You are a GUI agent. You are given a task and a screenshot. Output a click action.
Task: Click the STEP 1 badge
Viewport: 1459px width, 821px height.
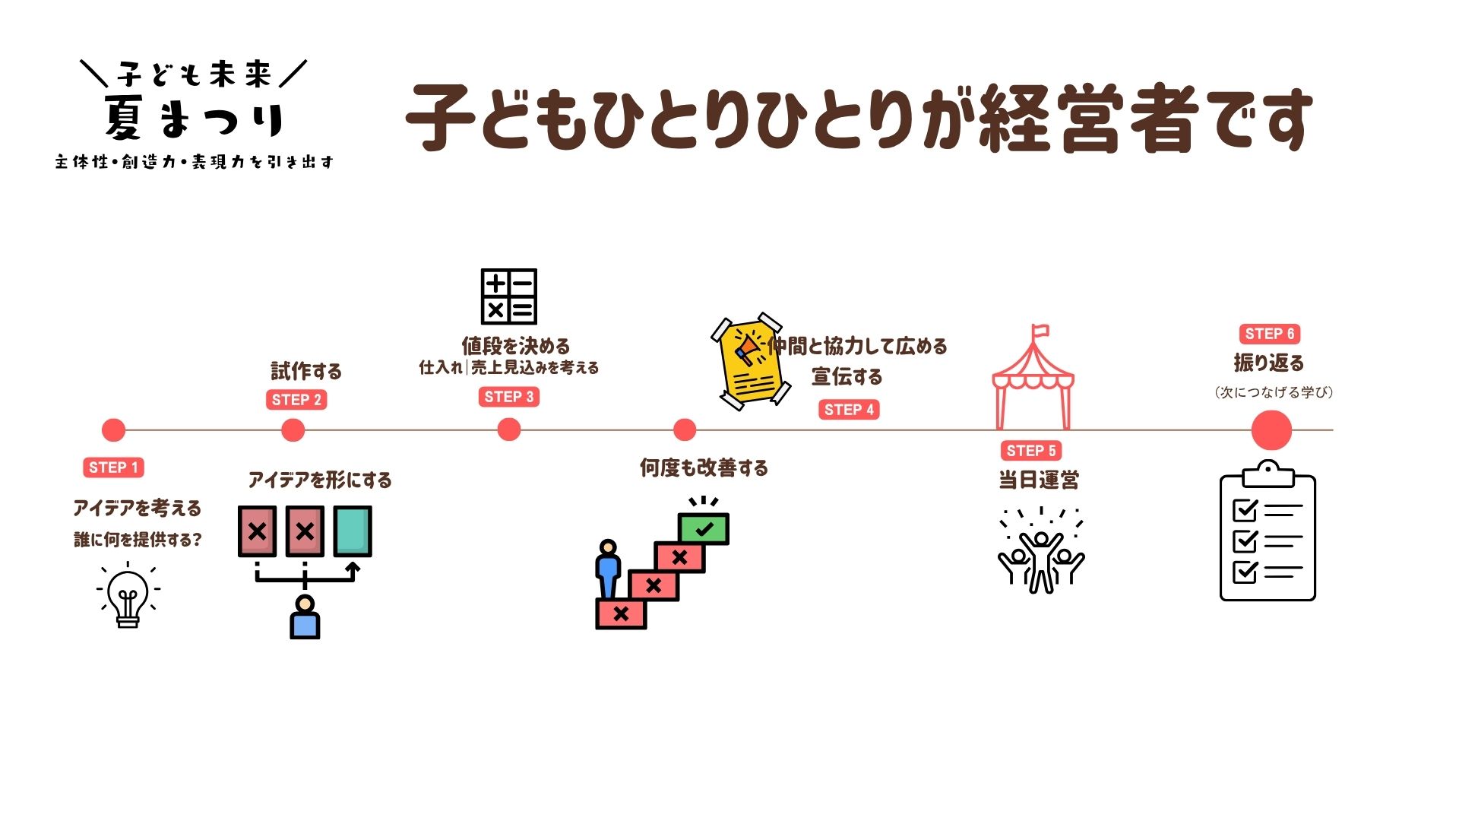(113, 468)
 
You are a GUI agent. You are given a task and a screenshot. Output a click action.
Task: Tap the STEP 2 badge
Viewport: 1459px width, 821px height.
(296, 400)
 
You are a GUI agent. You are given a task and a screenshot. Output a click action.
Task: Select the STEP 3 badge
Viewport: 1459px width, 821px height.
(509, 397)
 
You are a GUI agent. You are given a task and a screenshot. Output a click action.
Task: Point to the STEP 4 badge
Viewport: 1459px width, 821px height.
(849, 410)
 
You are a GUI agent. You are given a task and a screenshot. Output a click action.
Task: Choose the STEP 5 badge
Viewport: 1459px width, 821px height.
(1031, 451)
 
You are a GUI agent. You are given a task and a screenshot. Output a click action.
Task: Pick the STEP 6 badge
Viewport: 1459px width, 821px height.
(1270, 334)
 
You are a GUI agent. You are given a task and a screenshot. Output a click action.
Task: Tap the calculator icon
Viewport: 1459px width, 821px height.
(509, 296)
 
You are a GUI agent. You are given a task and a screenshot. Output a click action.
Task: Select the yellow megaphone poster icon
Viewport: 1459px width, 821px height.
(752, 361)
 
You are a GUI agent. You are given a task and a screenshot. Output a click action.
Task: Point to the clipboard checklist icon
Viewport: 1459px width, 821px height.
(1268, 531)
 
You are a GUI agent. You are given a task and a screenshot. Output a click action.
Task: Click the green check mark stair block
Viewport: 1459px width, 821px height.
(704, 528)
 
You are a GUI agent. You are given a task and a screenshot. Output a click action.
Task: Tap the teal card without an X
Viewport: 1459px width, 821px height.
(353, 531)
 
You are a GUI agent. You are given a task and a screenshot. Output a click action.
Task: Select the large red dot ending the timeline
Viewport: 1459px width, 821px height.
(1271, 430)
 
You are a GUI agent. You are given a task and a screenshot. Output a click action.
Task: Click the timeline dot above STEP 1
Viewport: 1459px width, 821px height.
(113, 430)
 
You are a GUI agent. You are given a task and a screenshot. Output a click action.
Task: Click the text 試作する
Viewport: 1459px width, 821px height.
(306, 371)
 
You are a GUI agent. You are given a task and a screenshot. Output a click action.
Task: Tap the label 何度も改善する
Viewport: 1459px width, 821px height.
(704, 468)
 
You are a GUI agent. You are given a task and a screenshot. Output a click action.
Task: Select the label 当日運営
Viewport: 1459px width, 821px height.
(1038, 480)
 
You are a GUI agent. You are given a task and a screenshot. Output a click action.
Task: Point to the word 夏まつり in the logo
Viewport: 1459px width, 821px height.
(195, 119)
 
